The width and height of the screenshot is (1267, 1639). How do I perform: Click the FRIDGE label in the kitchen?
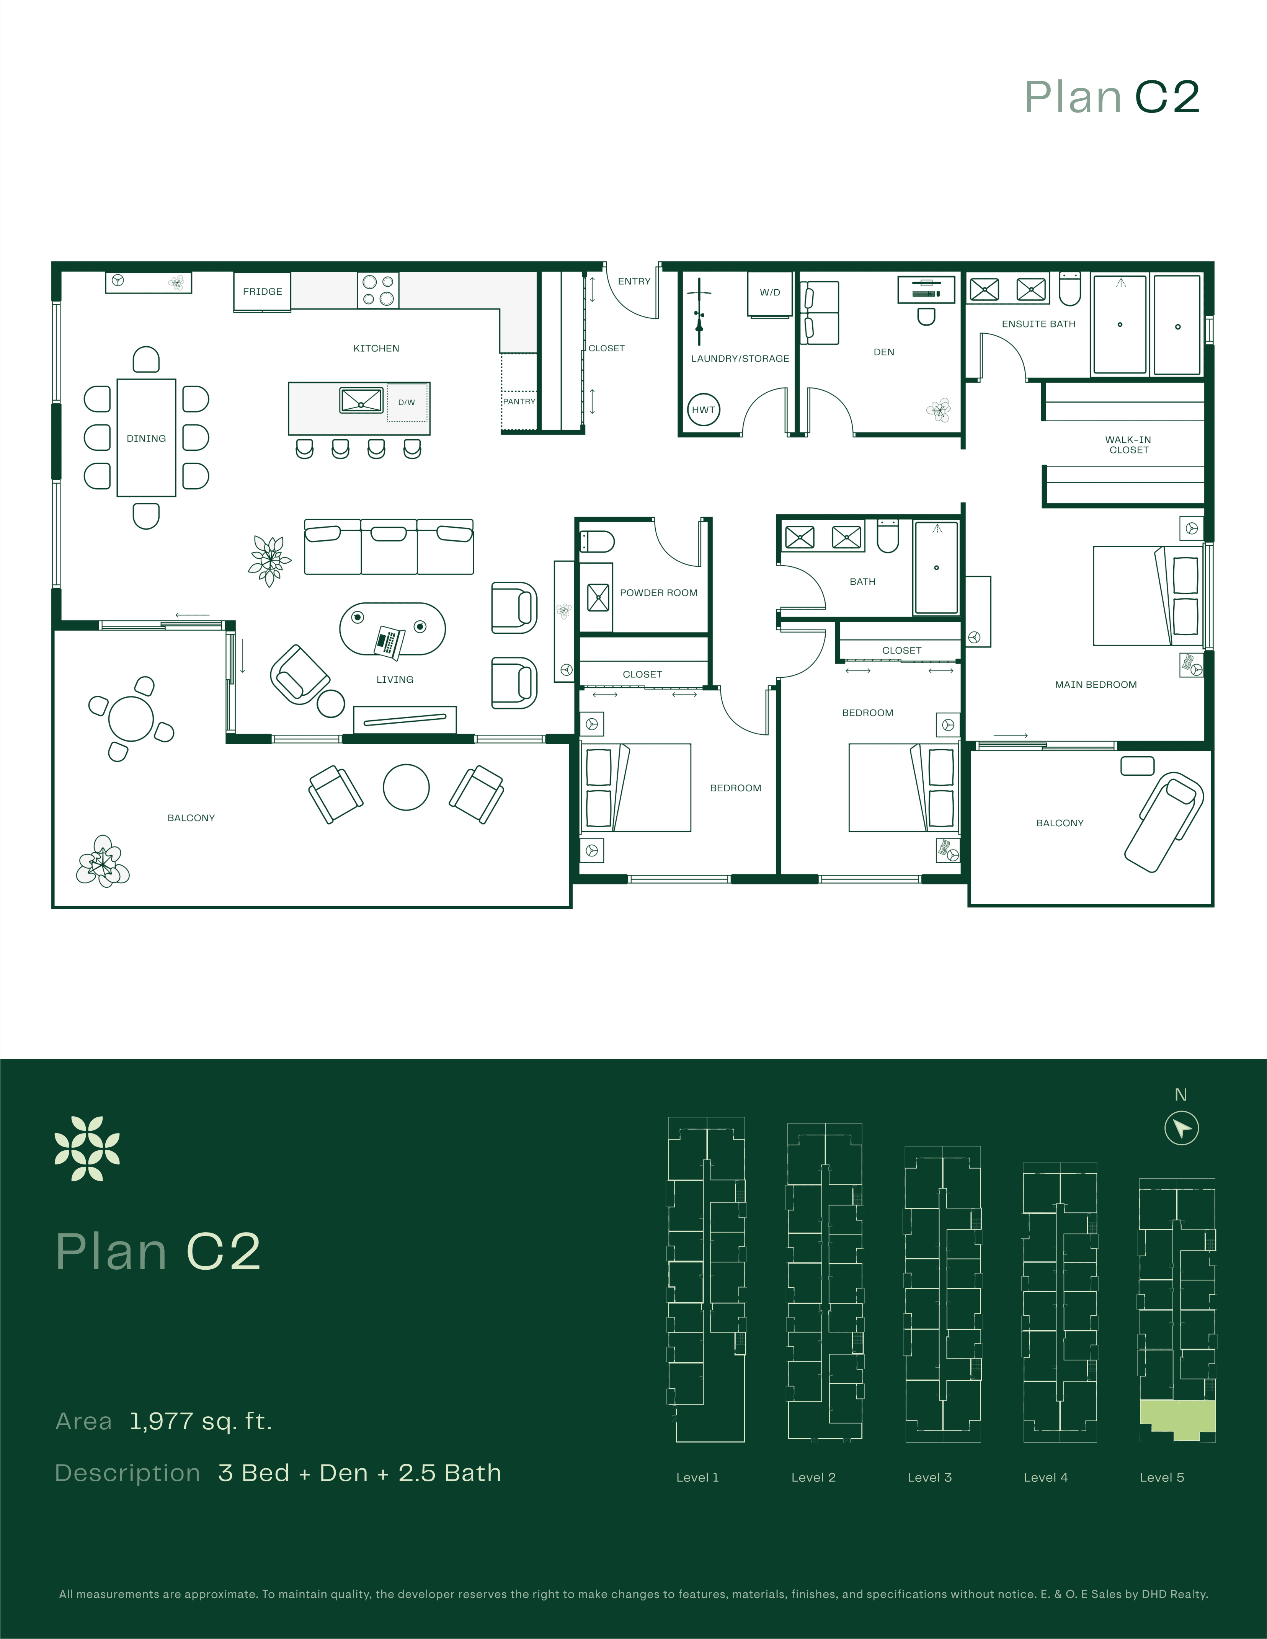click(262, 291)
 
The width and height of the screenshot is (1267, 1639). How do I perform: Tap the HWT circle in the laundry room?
click(703, 410)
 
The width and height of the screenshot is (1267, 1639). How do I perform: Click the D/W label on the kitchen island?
click(406, 402)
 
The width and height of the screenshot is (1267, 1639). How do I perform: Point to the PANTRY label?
click(519, 401)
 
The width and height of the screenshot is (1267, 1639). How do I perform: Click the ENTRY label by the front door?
click(634, 281)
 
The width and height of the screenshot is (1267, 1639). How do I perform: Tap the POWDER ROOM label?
click(658, 593)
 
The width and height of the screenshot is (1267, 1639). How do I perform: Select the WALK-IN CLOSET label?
click(1128, 445)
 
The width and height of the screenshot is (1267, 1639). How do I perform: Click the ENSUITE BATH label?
click(1038, 324)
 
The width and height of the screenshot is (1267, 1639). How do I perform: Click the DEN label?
click(883, 352)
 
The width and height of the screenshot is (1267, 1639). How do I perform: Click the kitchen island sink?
click(361, 400)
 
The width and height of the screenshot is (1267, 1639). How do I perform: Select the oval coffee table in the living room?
click(393, 629)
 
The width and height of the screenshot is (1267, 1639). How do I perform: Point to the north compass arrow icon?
click(1181, 1128)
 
